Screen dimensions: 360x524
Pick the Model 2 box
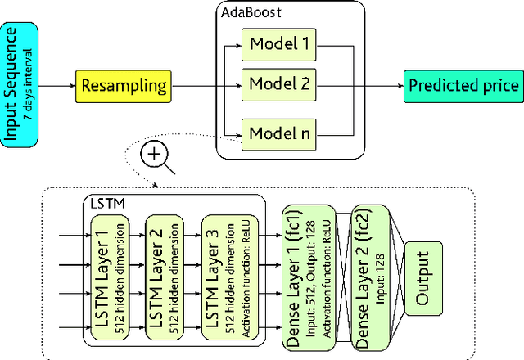point(278,85)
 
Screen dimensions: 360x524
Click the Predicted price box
point(463,85)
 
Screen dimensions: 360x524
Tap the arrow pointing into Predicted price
point(381,85)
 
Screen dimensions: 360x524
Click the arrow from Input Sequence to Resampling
point(57,85)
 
